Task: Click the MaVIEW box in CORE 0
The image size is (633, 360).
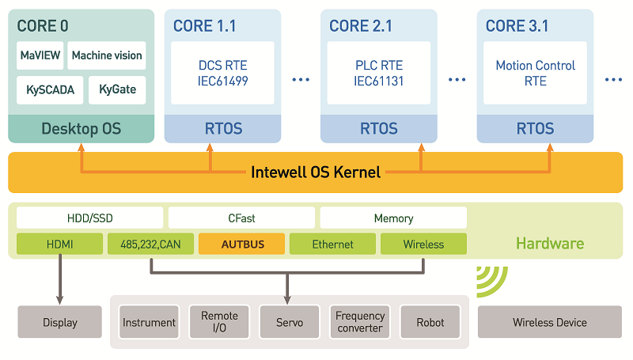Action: click(39, 55)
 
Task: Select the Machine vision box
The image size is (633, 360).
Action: click(107, 55)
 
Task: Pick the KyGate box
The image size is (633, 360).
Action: click(117, 89)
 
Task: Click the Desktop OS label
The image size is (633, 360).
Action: click(81, 128)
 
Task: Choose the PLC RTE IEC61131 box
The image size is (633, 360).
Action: click(379, 73)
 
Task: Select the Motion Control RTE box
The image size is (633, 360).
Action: click(535, 73)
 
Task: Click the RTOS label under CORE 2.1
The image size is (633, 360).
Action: click(379, 128)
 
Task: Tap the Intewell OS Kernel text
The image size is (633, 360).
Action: click(316, 172)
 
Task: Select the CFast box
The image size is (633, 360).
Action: click(241, 218)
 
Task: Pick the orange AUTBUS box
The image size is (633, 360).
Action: click(241, 244)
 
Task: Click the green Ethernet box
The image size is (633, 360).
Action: click(332, 244)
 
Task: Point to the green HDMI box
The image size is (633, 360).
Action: click(60, 244)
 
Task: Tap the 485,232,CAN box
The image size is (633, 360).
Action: click(150, 244)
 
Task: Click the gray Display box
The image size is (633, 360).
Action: click(60, 322)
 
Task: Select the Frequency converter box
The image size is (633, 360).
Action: click(360, 322)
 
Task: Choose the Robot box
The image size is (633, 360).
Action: click(430, 322)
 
